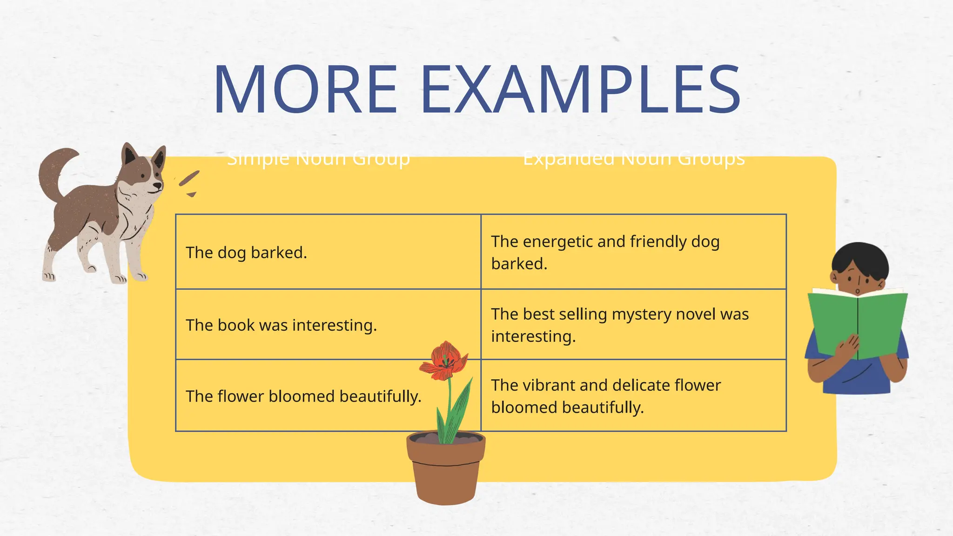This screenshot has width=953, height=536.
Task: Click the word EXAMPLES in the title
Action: click(x=580, y=89)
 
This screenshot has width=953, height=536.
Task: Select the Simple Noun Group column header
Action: click(x=318, y=158)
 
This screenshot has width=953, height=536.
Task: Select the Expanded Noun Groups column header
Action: click(x=634, y=158)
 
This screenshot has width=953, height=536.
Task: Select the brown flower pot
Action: click(x=445, y=470)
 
